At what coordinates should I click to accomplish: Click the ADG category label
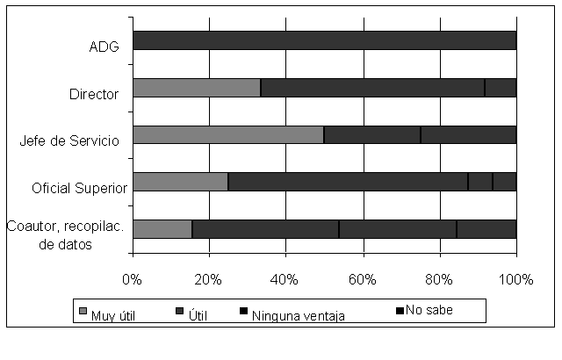tap(104, 46)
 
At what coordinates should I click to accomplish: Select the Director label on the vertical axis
tap(94, 93)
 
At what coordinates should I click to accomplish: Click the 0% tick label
tap(133, 279)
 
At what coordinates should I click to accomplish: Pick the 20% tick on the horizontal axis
tap(208, 279)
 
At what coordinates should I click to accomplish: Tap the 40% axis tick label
tap(285, 279)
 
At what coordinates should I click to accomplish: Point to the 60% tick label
tap(362, 279)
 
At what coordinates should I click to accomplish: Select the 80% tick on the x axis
tap(438, 279)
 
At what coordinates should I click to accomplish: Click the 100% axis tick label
tap(515, 279)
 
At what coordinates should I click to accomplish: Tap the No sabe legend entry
tap(429, 310)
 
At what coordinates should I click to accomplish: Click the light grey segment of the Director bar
tap(197, 88)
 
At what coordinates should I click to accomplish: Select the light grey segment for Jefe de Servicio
tap(228, 134)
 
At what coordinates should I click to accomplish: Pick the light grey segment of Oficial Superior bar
tap(180, 182)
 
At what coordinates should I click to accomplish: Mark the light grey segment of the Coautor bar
tap(162, 228)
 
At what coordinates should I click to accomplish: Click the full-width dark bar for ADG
tap(324, 40)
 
